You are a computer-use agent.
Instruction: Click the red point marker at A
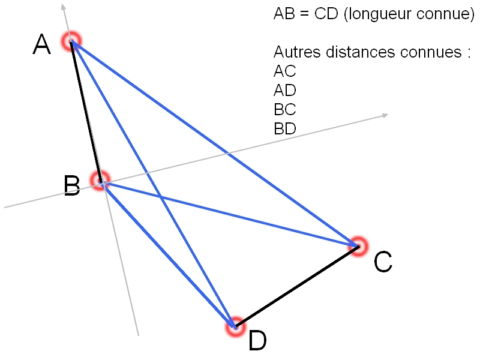(71, 41)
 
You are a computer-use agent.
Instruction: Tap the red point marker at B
(100, 179)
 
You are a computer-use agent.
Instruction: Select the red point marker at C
(358, 245)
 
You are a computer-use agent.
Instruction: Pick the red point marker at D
(235, 326)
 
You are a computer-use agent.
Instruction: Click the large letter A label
(41, 45)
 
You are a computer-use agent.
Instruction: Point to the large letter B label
(73, 186)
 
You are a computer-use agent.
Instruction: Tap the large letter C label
(383, 262)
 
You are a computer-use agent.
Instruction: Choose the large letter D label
(257, 341)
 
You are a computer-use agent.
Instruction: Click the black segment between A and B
(86, 111)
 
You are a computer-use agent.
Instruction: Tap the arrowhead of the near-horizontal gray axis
(385, 115)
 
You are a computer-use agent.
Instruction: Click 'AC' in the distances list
(285, 71)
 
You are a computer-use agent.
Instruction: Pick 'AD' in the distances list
(285, 91)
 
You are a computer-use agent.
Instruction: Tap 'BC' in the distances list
(285, 110)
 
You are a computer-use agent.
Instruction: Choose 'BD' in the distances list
(285, 128)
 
